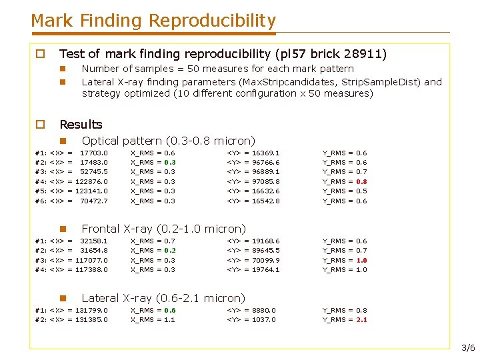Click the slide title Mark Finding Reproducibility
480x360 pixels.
pyautogui.click(x=153, y=21)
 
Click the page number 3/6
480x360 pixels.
pyautogui.click(x=468, y=348)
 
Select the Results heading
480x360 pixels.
pyautogui.click(x=81, y=125)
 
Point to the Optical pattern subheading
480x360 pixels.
pyautogui.click(x=168, y=141)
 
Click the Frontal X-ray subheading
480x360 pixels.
pyautogui.click(x=163, y=229)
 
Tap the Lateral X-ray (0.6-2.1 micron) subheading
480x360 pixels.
pyautogui.click(x=163, y=298)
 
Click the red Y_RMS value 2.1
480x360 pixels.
pyautogui.click(x=362, y=320)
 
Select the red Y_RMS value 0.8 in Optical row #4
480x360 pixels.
pyautogui.click(x=362, y=181)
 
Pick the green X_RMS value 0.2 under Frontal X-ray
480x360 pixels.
pyautogui.click(x=170, y=251)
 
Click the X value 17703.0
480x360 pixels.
pyautogui.click(x=93, y=153)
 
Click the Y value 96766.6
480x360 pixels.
pyautogui.click(x=266, y=162)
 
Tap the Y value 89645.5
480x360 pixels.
pyautogui.click(x=266, y=251)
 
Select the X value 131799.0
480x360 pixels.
pyautogui.click(x=91, y=310)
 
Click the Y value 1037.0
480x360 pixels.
pyautogui.click(x=264, y=320)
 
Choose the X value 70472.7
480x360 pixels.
pyautogui.click(x=93, y=201)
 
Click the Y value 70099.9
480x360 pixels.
pyautogui.click(x=266, y=260)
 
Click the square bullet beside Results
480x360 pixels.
pyautogui.click(x=40, y=125)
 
